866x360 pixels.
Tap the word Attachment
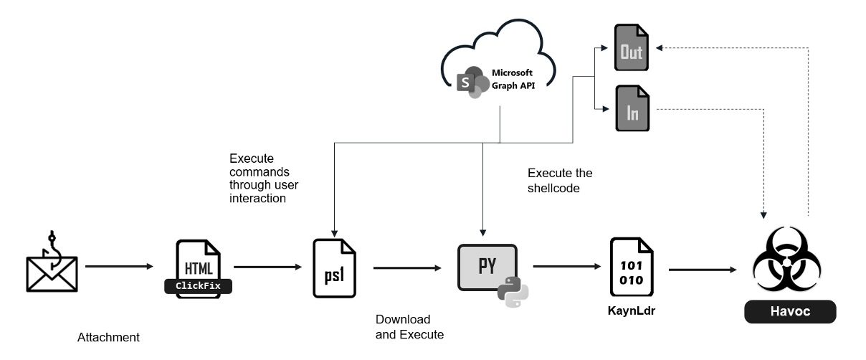pos(108,337)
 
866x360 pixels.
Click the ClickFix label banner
pos(199,286)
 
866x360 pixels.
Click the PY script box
pos(488,265)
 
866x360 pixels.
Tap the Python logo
pos(513,291)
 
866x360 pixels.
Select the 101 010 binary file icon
pos(632,269)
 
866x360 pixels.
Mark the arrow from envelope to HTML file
pos(119,266)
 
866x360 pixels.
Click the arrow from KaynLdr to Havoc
pos(703,270)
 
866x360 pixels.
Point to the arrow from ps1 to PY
pos(406,269)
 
